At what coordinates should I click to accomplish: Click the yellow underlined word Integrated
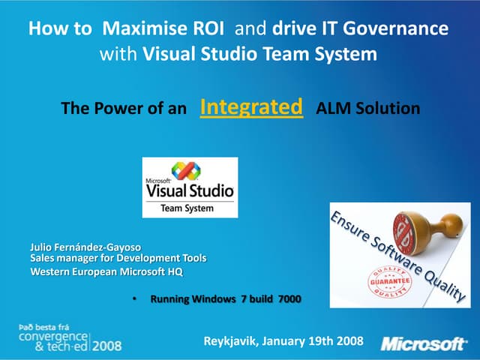[x=252, y=107]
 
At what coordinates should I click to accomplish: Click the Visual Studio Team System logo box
[x=190, y=187]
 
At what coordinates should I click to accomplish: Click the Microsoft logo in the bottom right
[x=423, y=343]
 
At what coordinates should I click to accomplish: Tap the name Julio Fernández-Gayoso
[x=85, y=247]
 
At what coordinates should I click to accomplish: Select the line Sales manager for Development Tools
[x=118, y=258]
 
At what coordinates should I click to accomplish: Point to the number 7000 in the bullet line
[x=289, y=299]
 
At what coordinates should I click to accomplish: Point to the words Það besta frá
[x=46, y=328]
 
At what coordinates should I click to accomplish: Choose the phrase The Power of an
[x=123, y=109]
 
